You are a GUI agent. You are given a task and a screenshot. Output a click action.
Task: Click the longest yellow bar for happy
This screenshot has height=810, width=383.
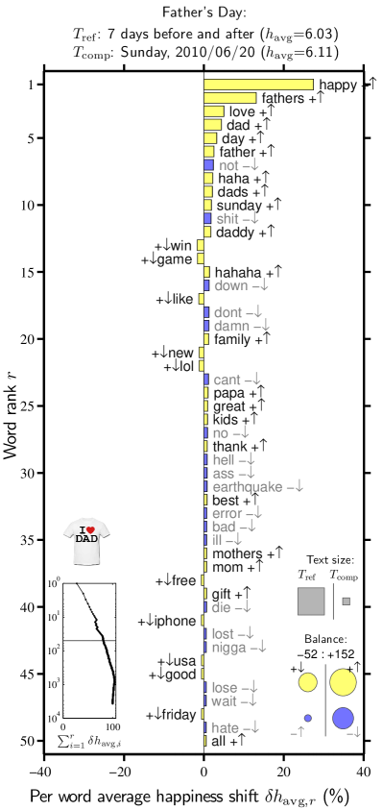pos(258,85)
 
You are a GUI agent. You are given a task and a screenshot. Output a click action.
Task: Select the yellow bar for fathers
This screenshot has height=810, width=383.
pos(229,98)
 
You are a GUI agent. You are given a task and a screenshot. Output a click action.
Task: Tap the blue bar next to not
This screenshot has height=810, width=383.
pos(208,165)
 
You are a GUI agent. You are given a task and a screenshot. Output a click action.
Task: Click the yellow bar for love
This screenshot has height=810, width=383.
pos(213,111)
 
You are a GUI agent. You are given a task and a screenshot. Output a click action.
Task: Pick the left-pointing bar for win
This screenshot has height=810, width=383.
pos(201,246)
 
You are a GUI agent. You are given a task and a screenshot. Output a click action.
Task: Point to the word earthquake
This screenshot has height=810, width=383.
pos(248,487)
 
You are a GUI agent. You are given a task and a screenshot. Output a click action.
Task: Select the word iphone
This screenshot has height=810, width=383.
pos(174,622)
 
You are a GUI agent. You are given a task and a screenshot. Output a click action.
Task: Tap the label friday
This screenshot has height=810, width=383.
pos(178,715)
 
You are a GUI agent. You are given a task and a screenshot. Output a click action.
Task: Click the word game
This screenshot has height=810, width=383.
pos(174,259)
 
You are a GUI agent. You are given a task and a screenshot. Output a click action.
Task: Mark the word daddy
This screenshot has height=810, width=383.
pos(234,233)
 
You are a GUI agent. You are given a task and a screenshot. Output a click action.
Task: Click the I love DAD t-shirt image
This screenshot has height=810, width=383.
pos(86,541)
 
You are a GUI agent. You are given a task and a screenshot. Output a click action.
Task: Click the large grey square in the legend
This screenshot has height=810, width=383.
pos(311,601)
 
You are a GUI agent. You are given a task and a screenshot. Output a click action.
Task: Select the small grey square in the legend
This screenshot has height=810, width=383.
pos(346,601)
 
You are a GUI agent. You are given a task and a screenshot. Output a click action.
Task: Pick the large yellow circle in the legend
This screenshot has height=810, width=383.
pos(343,682)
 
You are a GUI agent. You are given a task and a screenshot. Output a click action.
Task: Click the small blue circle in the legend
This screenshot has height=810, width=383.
pos(307,718)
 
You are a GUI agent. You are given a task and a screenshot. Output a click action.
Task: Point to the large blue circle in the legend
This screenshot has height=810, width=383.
pos(343,718)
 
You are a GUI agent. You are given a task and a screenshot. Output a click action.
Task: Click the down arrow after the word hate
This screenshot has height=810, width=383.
pos(253,727)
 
